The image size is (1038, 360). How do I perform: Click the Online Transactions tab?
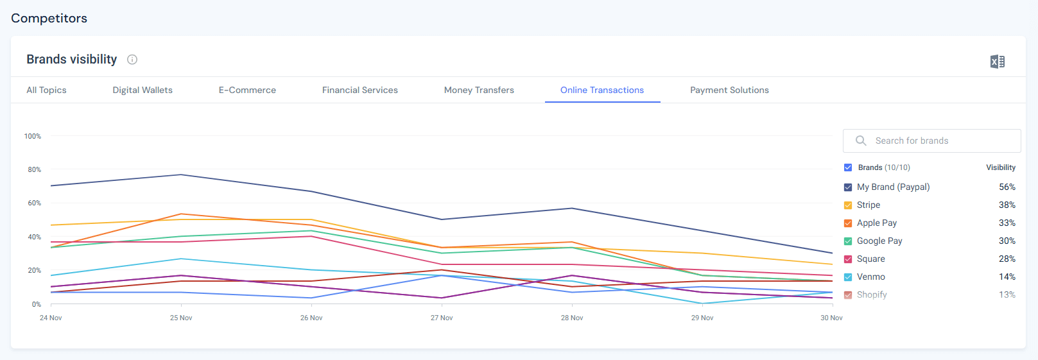(x=601, y=90)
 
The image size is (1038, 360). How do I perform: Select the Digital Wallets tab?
(x=143, y=90)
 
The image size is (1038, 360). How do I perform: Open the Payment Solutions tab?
(x=729, y=90)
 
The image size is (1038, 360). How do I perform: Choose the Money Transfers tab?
(x=479, y=90)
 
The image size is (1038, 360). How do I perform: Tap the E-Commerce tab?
(x=247, y=90)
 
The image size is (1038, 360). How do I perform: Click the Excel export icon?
(x=997, y=62)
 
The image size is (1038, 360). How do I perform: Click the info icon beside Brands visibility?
(x=132, y=60)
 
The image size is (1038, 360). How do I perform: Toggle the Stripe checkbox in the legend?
(x=848, y=205)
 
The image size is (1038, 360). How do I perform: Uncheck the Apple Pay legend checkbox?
(x=848, y=223)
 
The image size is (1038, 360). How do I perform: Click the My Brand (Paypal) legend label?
(x=893, y=187)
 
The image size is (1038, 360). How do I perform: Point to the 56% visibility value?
(x=1007, y=187)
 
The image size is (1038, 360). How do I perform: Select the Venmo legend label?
(x=870, y=277)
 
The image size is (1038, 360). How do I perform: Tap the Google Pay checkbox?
(x=848, y=241)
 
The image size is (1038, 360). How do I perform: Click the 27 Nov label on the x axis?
(x=442, y=318)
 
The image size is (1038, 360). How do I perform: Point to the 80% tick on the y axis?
(x=34, y=169)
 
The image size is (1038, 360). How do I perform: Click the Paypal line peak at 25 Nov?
(x=181, y=175)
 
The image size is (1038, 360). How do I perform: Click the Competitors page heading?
(x=49, y=18)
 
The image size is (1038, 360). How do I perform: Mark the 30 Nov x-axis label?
(x=831, y=318)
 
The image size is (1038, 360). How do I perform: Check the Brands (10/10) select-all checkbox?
(x=848, y=167)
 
